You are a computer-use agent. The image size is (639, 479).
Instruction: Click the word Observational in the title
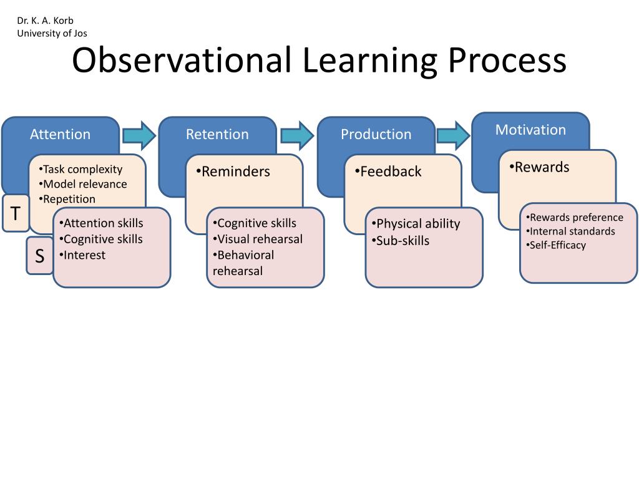(182, 61)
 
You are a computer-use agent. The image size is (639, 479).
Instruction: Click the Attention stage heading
(60, 134)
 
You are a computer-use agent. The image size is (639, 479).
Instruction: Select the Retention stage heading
(217, 134)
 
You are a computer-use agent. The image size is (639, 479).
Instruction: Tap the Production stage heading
(376, 134)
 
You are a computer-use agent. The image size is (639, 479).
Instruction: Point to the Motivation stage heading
(530, 130)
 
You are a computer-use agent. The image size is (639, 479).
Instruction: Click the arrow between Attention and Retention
(139, 135)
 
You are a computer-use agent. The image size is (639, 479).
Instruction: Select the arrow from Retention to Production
(297, 135)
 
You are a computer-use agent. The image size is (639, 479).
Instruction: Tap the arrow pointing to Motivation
(454, 135)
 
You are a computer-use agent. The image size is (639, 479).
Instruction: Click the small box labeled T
(15, 213)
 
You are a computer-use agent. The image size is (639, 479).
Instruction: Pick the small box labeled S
(39, 256)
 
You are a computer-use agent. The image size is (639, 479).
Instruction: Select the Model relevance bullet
(84, 184)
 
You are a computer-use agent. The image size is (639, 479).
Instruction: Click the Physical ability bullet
(416, 223)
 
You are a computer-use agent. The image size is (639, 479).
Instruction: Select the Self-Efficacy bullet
(557, 245)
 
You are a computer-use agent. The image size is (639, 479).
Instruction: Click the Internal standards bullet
(570, 231)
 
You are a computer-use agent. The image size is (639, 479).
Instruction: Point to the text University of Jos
(52, 34)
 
